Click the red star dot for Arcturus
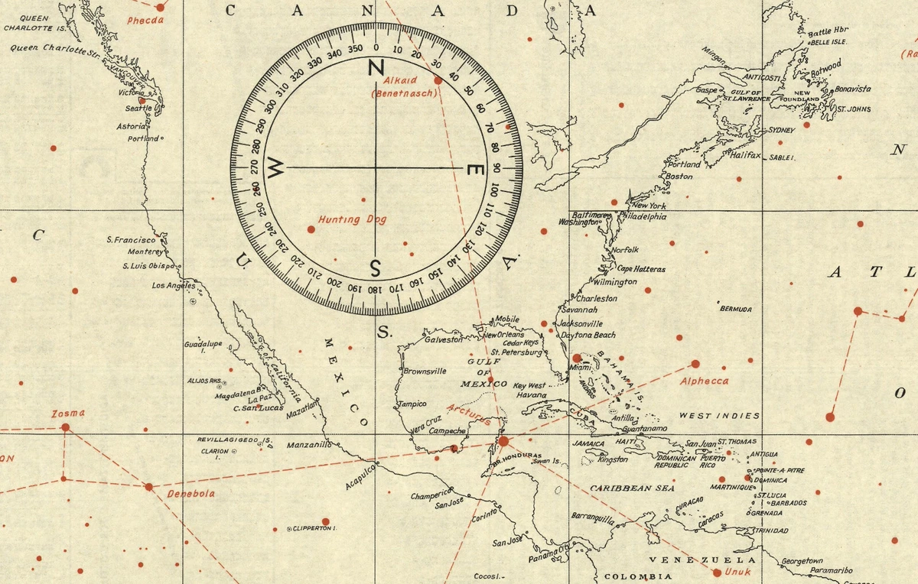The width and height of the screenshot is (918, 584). pyautogui.click(x=503, y=442)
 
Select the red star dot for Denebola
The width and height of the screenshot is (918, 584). pyautogui.click(x=148, y=486)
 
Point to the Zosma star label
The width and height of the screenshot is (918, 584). pyautogui.click(x=68, y=414)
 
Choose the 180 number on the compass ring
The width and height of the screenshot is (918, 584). pyautogui.click(x=374, y=289)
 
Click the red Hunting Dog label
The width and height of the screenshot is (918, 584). pyautogui.click(x=353, y=219)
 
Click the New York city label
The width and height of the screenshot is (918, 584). pyautogui.click(x=648, y=206)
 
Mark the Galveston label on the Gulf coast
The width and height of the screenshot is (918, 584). pyautogui.click(x=444, y=339)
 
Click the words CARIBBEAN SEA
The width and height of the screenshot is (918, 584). pyautogui.click(x=632, y=487)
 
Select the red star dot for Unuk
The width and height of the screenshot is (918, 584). pyautogui.click(x=717, y=572)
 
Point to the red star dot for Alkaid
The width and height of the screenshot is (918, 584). pyautogui.click(x=438, y=79)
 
